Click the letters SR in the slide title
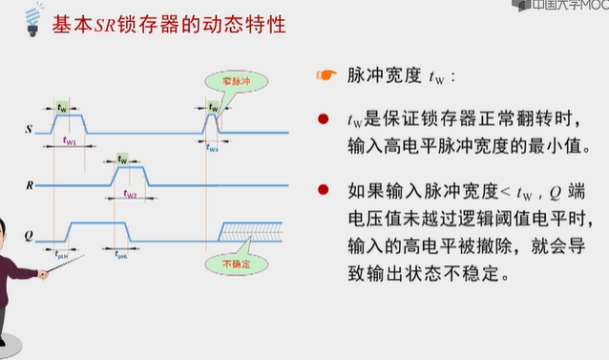point(115,21)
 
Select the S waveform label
point(30,126)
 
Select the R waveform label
point(30,182)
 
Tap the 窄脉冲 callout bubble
point(227,82)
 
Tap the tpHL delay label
point(122,254)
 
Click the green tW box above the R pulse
point(121,159)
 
